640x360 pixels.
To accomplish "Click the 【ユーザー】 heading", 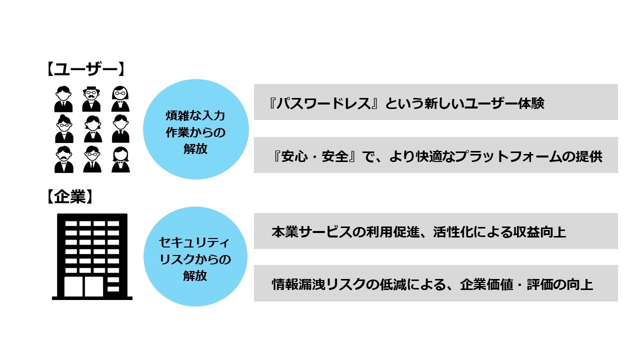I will pos(84,68).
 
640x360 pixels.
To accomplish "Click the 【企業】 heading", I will pos(69,197).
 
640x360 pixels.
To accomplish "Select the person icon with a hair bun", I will pos(63,129).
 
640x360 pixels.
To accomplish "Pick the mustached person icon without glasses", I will pos(63,159).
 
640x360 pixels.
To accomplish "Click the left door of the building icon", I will pos(74,286).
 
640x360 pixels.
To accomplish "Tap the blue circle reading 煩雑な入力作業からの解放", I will pos(195,129).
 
